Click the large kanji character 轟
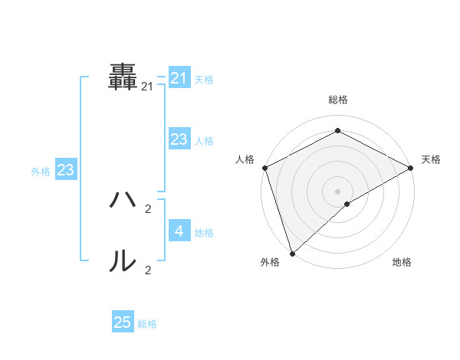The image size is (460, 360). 123,77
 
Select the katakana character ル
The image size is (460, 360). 123,262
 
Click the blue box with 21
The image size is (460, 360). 179,77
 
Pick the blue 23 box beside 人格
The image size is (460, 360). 179,139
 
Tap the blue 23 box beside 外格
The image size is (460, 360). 65,170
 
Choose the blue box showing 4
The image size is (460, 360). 179,231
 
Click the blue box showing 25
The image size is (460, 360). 123,322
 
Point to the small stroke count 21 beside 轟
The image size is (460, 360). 147,87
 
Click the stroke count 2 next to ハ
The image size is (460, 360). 148,208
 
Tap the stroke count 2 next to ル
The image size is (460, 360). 148,270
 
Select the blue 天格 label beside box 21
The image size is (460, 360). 204,80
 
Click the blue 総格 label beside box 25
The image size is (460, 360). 147,325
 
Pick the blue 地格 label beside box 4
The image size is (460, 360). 204,233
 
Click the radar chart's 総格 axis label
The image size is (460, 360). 337,100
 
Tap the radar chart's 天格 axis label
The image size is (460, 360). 431,159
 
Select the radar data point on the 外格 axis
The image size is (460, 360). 292,253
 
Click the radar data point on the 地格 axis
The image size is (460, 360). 347,204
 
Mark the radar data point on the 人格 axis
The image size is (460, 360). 264,167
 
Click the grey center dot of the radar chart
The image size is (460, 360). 337,190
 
